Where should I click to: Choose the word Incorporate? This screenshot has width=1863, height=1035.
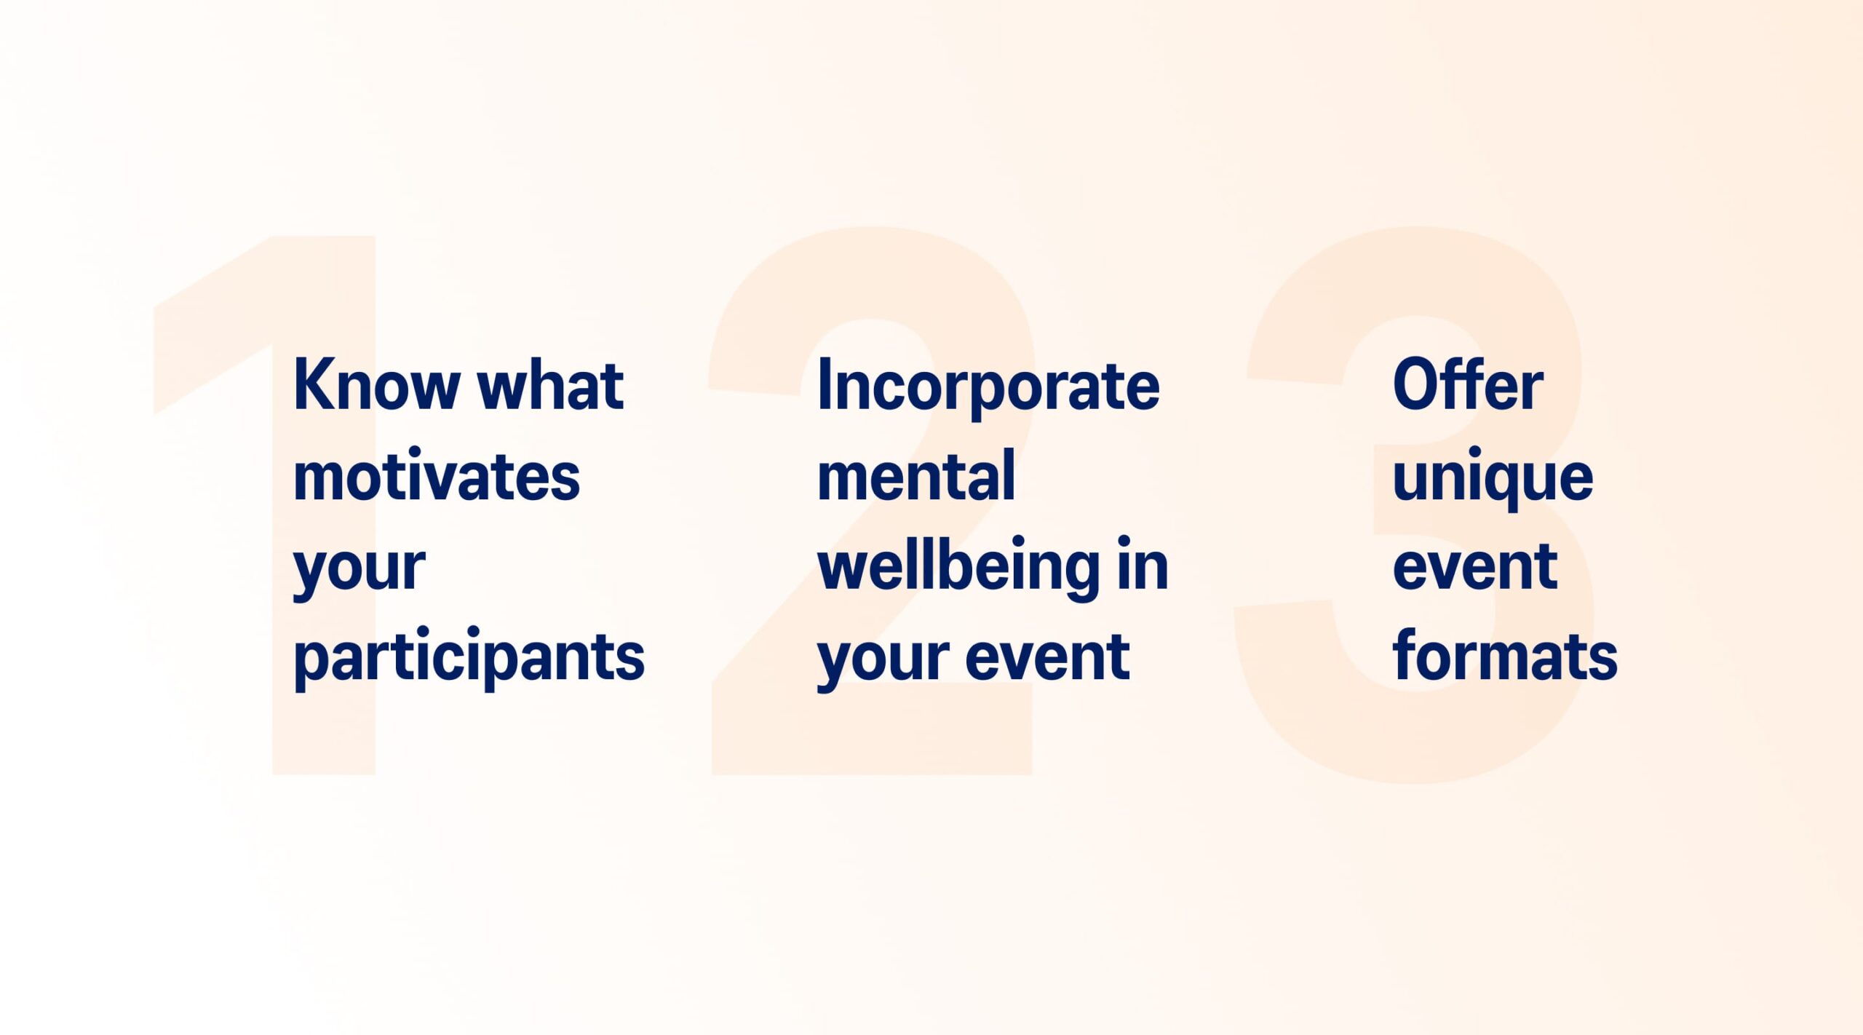988,387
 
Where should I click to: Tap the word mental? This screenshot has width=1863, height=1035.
916,475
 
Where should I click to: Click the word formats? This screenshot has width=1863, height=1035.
1505,655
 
